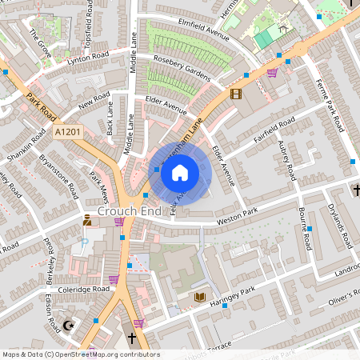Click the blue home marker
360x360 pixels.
(180, 172)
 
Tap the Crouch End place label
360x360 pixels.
(125, 211)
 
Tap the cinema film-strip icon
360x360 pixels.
(234, 94)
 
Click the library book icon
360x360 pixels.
(200, 298)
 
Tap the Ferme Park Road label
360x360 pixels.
(330, 106)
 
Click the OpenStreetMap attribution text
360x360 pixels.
(80, 354)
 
